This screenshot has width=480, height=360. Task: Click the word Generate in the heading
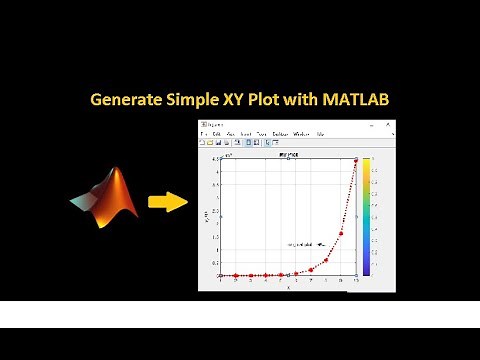coord(126,101)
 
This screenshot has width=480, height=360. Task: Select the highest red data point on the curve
coord(356,160)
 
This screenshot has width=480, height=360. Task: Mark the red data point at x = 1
coord(221,275)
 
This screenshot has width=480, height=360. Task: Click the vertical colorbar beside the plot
coord(367,216)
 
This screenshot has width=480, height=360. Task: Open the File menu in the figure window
coord(203,133)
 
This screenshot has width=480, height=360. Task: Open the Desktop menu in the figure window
coord(281,133)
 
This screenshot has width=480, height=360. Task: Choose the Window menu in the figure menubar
coord(301,133)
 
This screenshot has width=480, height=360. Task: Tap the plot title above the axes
coord(288,155)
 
